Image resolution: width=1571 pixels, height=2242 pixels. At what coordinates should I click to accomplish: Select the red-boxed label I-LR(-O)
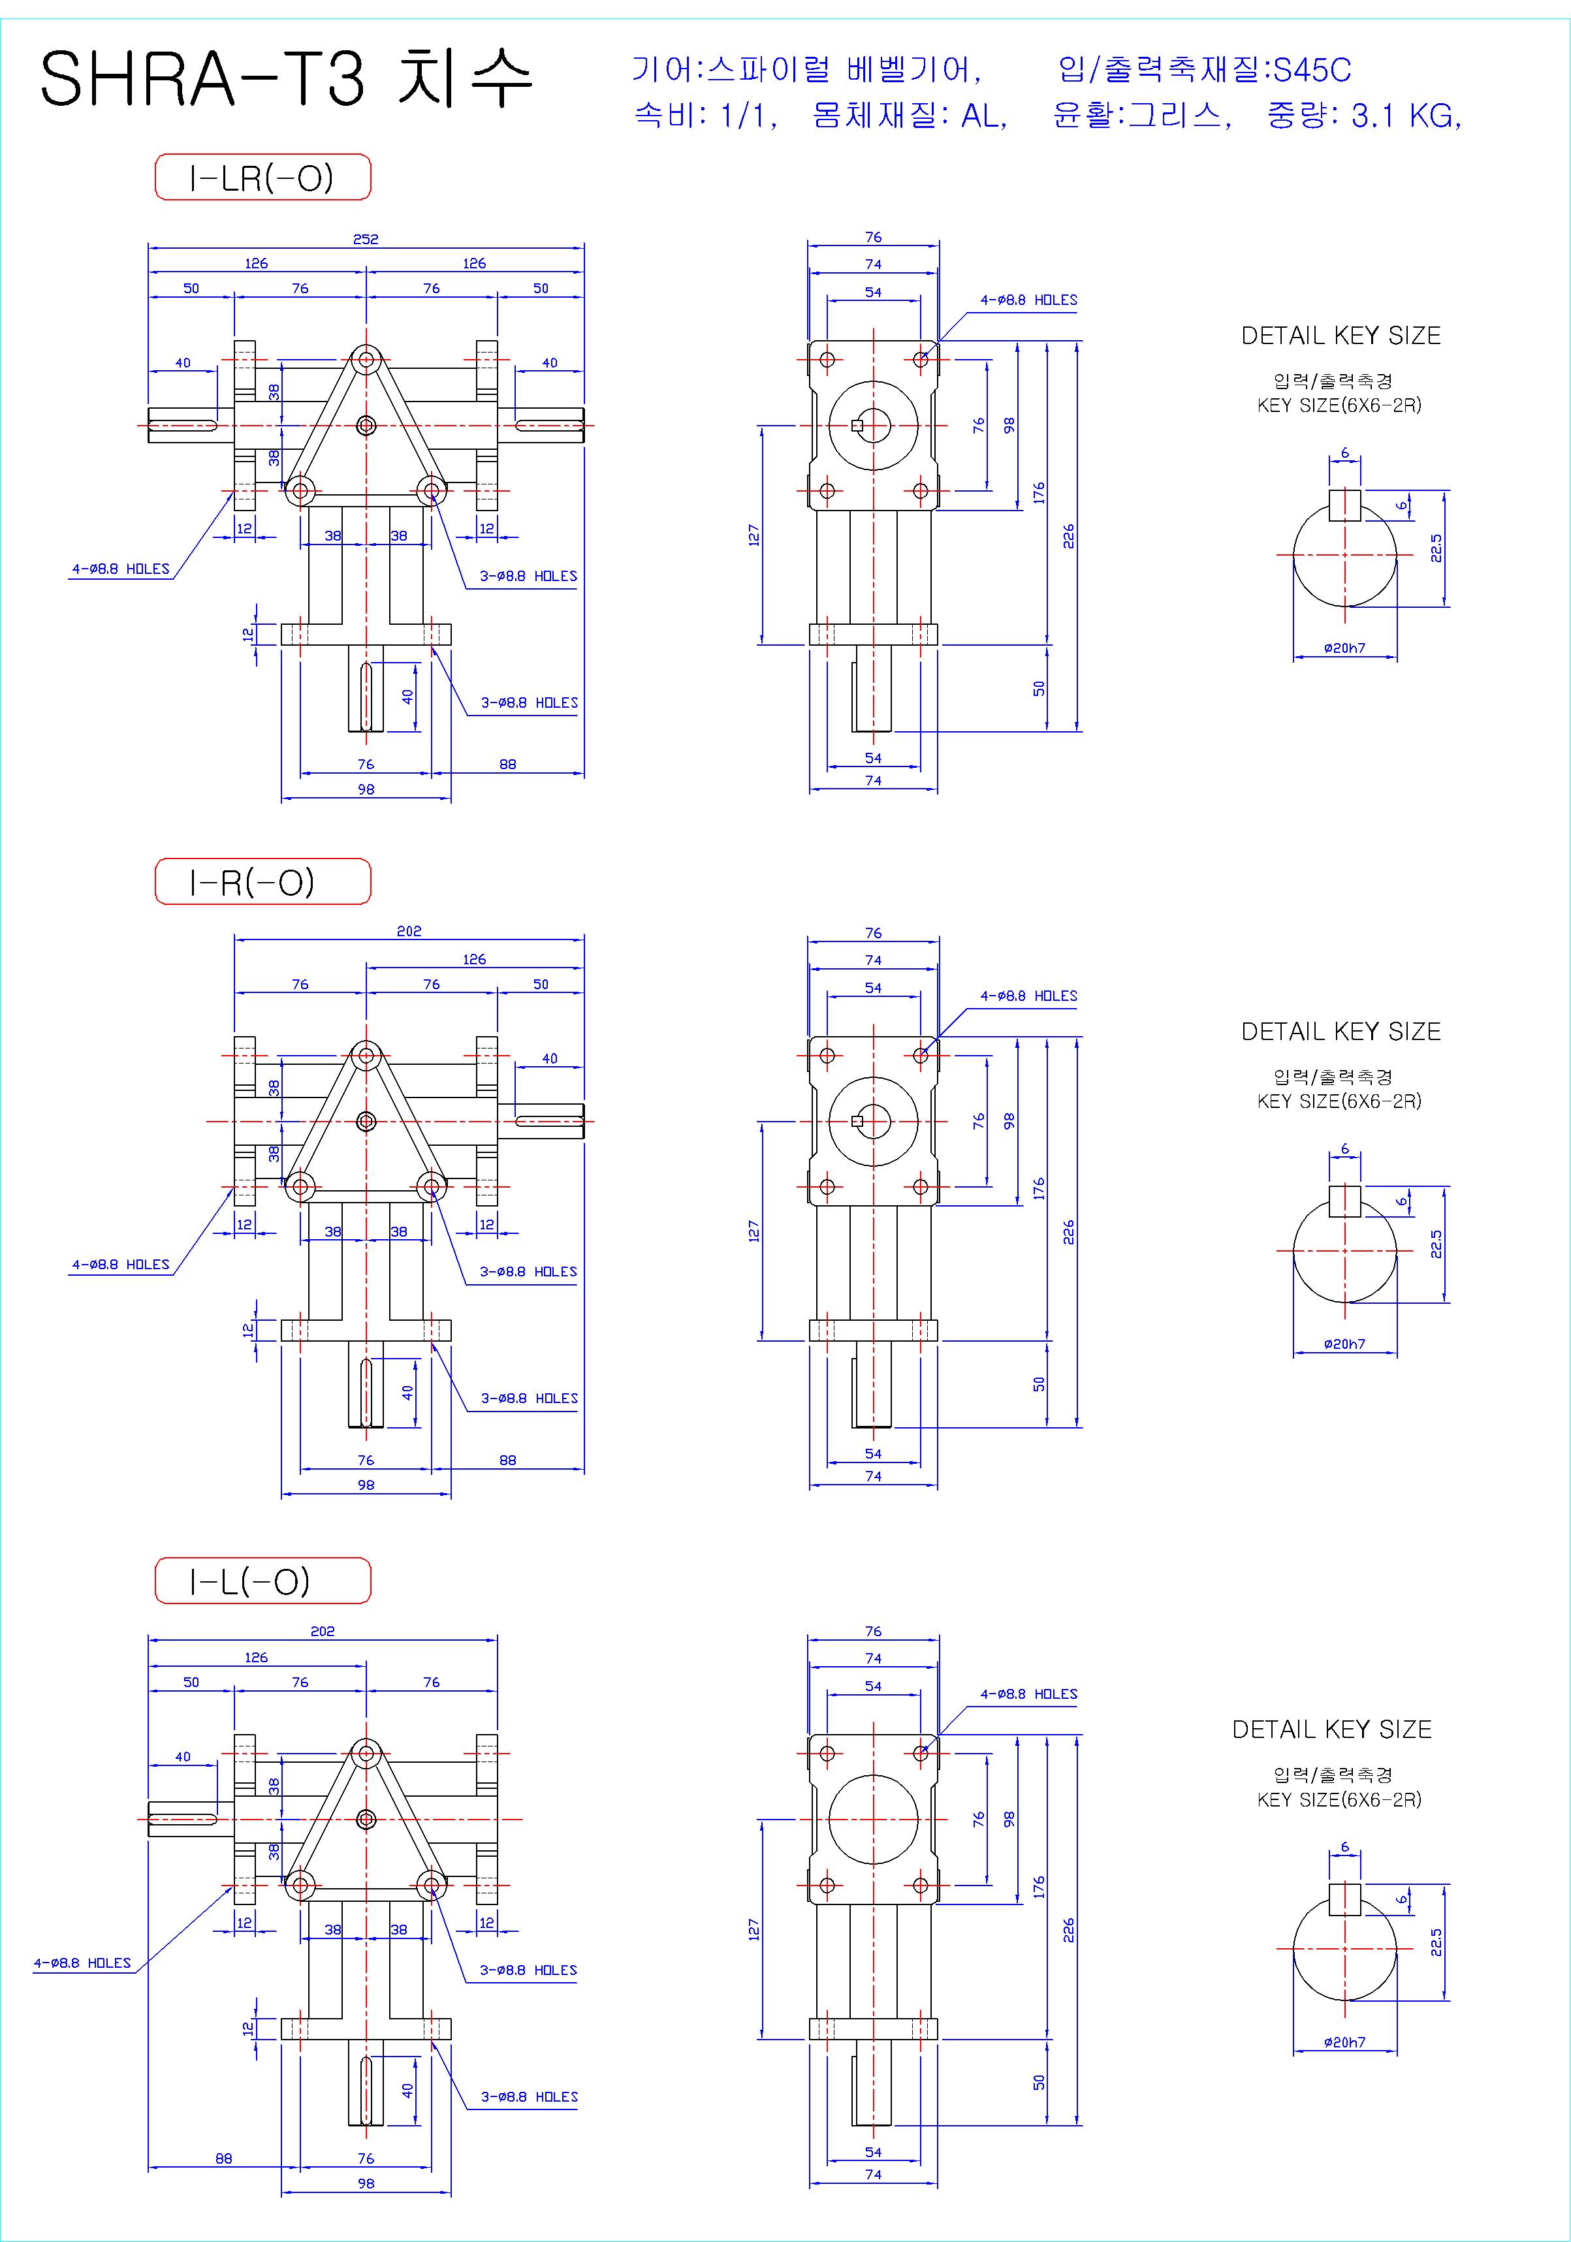pos(262,177)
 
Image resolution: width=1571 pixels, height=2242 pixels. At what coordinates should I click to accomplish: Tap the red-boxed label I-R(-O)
pos(262,882)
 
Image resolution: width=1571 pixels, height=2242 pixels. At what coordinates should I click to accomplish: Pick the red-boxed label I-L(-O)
pos(262,1580)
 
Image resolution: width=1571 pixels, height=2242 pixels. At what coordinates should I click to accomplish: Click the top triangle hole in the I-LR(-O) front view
pos(366,359)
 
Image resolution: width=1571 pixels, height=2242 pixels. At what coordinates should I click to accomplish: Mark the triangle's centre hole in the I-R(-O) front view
pos(366,1121)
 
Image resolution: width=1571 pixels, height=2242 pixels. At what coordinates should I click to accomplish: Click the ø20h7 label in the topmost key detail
pos(1344,648)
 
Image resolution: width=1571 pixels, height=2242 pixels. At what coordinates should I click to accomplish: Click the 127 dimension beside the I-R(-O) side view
pos(754,1231)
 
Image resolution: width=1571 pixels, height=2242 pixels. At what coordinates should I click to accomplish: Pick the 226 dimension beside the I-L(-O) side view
pos(1069,1931)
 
